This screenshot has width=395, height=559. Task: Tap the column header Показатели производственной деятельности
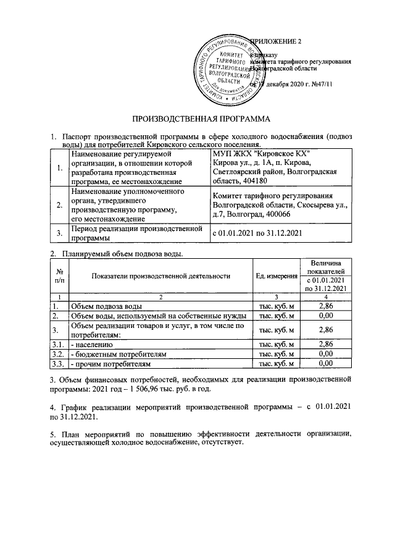(160, 275)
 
